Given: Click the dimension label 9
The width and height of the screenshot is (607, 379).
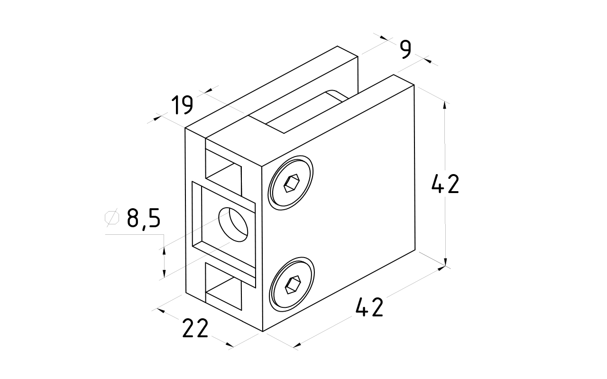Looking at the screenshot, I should (405, 49).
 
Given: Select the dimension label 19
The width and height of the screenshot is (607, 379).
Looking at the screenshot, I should (182, 105).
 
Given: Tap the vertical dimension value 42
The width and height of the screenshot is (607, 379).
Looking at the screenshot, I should (445, 184).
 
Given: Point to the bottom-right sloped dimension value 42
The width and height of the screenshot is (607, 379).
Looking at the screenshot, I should (369, 308).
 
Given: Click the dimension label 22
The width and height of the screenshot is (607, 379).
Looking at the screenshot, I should (195, 328).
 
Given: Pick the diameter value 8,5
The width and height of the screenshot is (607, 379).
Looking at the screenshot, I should (144, 219).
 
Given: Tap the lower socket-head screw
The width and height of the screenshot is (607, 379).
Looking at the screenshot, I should (292, 284).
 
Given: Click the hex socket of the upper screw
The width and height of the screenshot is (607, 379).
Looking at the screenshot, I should (290, 183).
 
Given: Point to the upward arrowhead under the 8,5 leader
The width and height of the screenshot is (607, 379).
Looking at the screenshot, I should (164, 251).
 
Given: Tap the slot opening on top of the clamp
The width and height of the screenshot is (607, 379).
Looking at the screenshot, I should (303, 109).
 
